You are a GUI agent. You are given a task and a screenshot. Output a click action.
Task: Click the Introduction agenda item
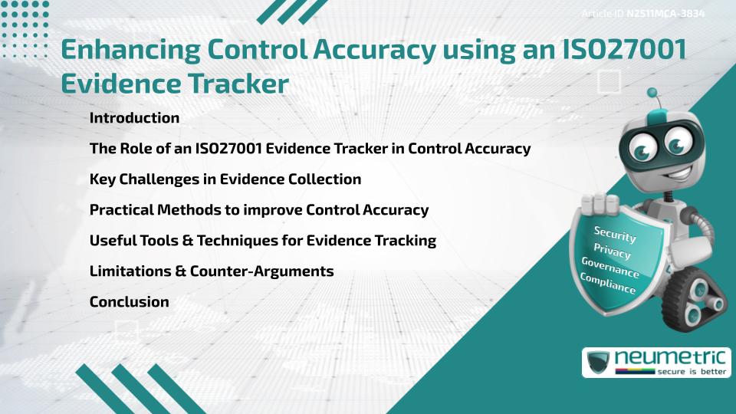(x=134, y=118)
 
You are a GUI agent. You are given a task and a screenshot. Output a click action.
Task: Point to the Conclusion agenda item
(x=129, y=302)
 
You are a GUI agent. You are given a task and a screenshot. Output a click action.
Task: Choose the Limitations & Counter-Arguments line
(x=211, y=271)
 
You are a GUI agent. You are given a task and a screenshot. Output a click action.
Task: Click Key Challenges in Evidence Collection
(x=225, y=179)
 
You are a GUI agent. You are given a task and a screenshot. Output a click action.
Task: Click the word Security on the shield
(x=615, y=234)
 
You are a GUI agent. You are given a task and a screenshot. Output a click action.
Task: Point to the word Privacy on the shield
(x=612, y=251)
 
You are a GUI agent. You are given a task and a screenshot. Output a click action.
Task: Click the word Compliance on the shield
(x=607, y=283)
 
